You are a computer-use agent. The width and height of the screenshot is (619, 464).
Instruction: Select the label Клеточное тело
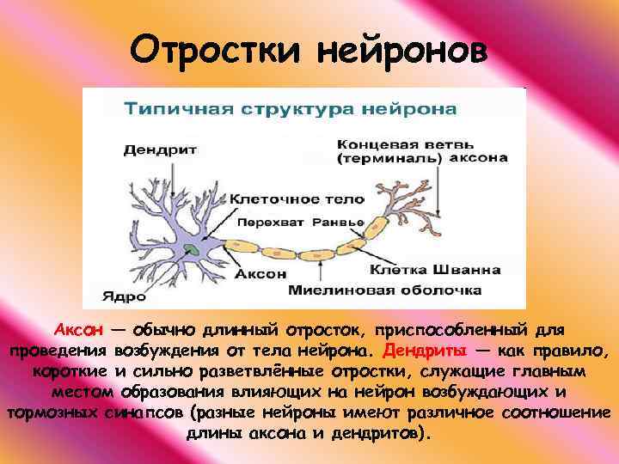297,198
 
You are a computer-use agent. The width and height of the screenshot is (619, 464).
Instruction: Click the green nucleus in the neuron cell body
199,250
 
